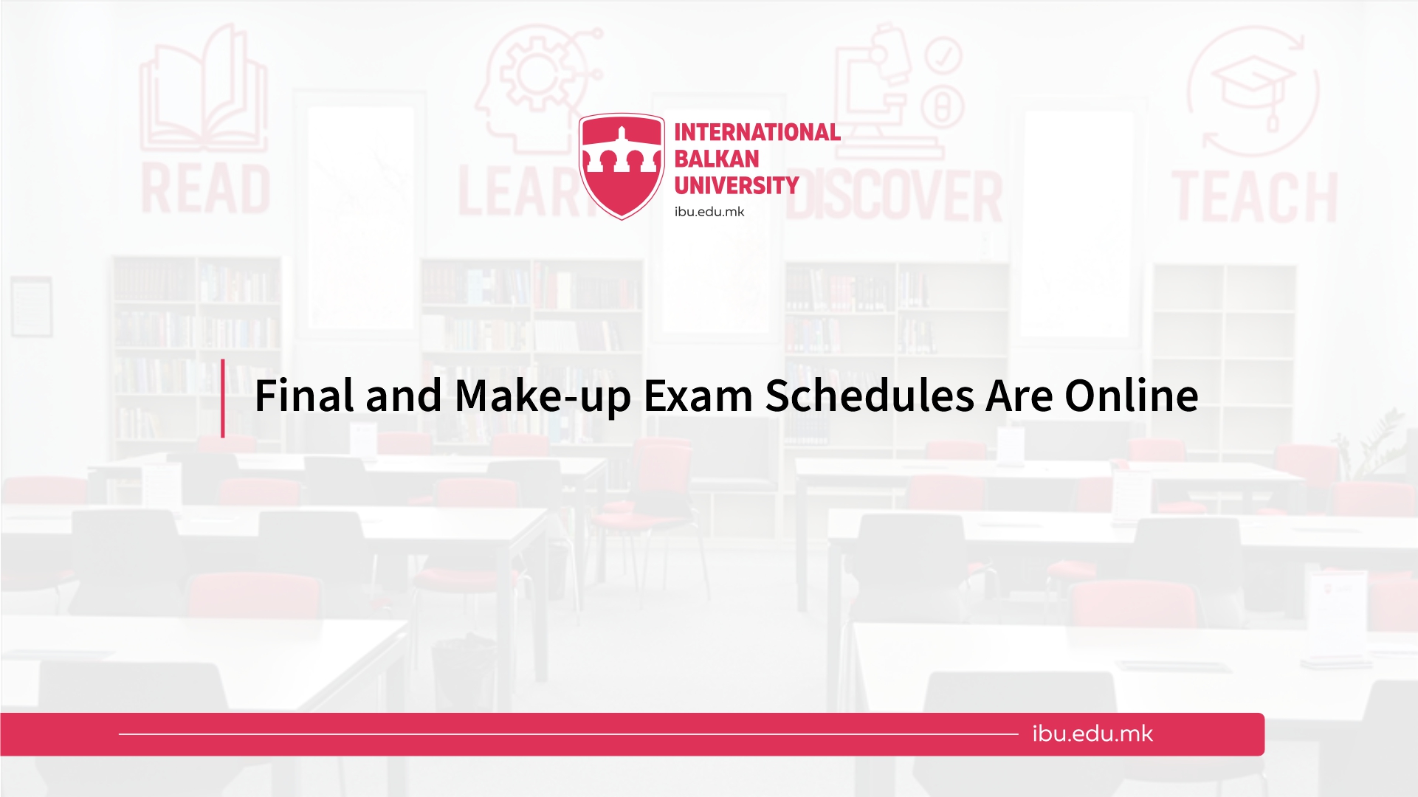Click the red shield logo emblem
(x=622, y=166)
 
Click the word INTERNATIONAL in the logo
(x=757, y=132)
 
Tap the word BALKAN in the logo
(x=717, y=159)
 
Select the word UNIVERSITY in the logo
(x=737, y=185)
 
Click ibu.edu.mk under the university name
(x=709, y=212)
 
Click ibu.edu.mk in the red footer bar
(x=1092, y=734)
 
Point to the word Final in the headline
(x=304, y=396)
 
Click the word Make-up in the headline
(x=543, y=397)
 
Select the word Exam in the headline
(x=698, y=396)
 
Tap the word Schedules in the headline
(x=870, y=396)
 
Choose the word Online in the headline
(x=1132, y=396)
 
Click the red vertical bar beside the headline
(x=223, y=398)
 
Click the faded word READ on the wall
(x=206, y=190)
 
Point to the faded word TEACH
(x=1254, y=197)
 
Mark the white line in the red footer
(x=568, y=734)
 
